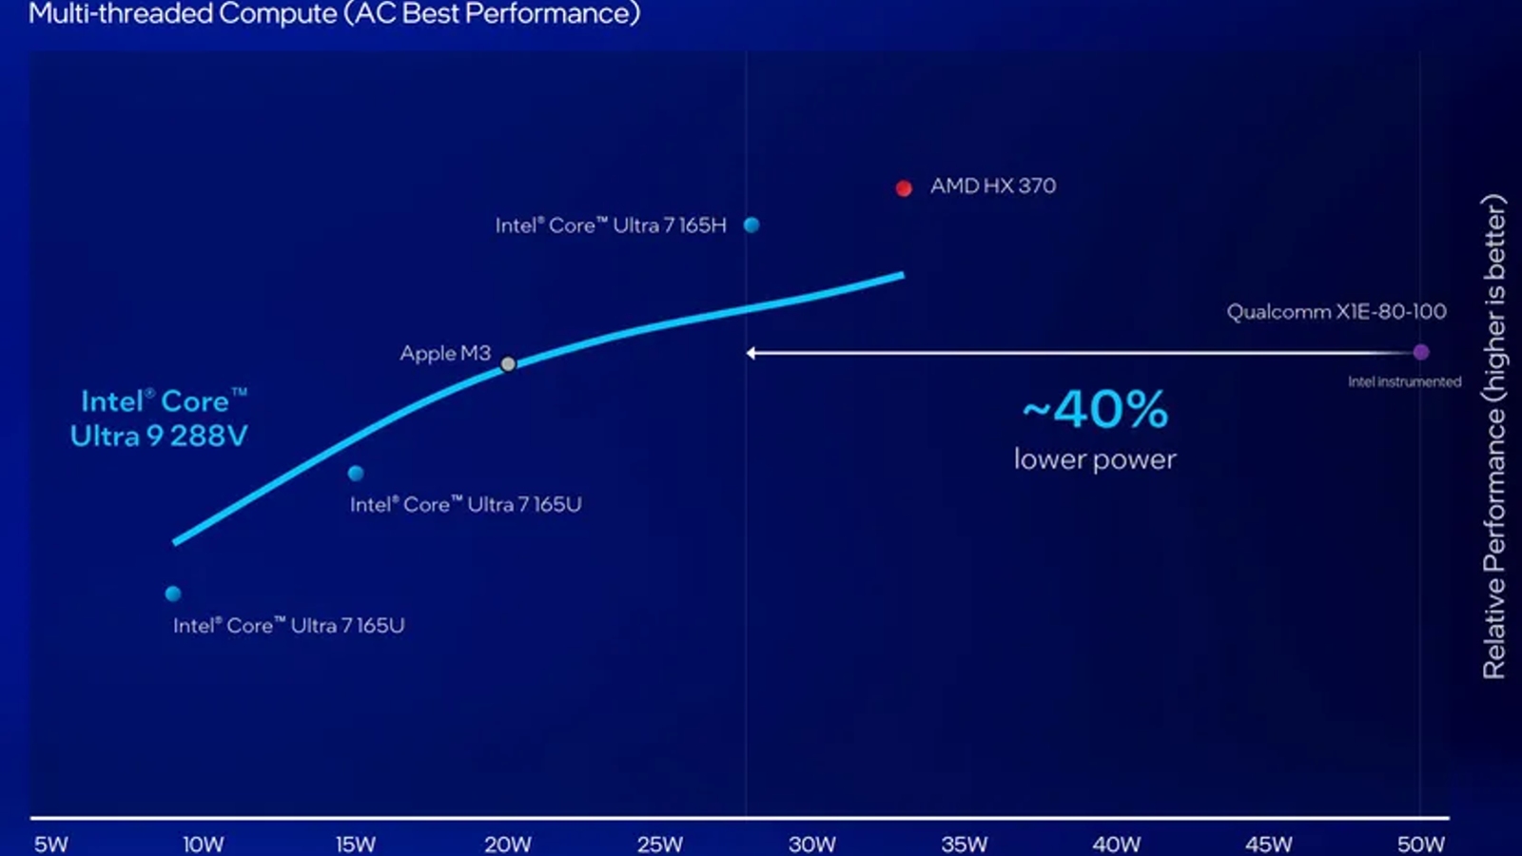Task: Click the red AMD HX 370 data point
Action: tap(904, 188)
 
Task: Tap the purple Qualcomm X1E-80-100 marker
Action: tap(1421, 352)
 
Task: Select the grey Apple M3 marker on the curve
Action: tap(508, 364)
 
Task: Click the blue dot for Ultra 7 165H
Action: tap(751, 225)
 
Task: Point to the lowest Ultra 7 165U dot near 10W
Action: tap(173, 593)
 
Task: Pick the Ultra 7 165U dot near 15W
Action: tap(356, 473)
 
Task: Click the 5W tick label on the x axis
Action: tap(50, 844)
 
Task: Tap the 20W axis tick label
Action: tap(507, 844)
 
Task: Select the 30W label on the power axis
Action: tap(811, 844)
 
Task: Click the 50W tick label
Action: tap(1420, 844)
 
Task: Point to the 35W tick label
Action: tap(964, 844)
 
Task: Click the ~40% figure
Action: tap(1095, 410)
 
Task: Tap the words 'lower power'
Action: tap(1095, 459)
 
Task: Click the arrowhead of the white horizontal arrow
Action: tap(751, 353)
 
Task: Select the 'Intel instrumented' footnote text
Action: tap(1404, 382)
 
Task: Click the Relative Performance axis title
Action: tap(1493, 437)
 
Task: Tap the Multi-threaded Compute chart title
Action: tap(334, 14)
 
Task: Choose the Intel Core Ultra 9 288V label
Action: tap(159, 418)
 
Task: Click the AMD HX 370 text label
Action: tap(993, 186)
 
